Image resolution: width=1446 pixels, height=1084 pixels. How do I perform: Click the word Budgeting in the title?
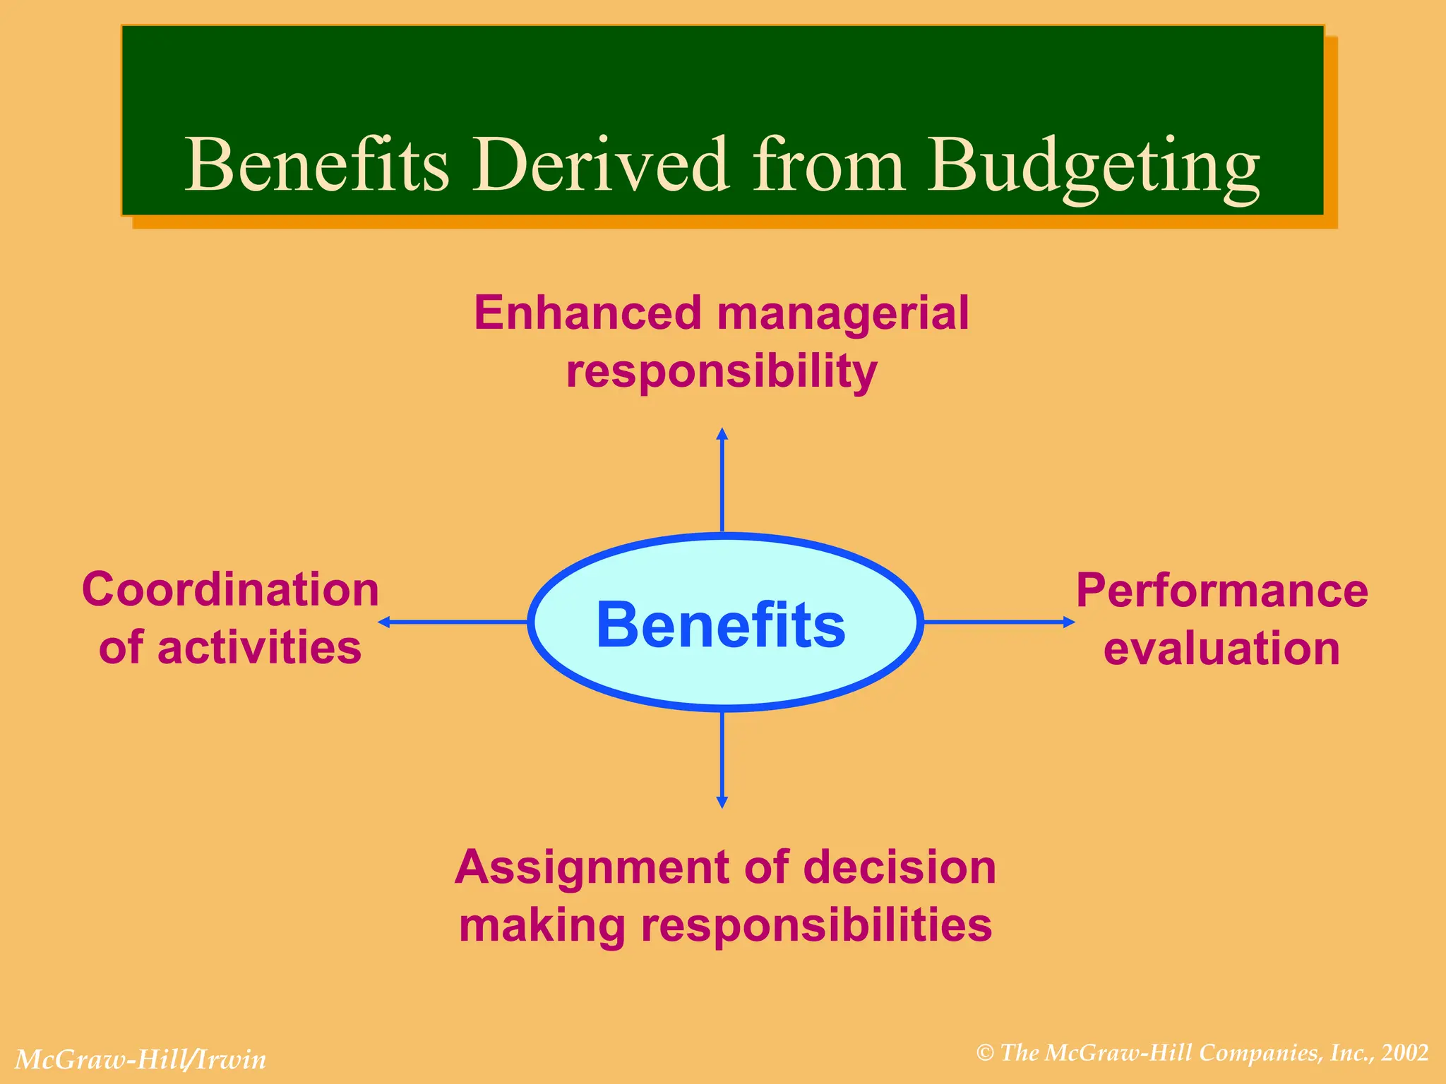pyautogui.click(x=1093, y=166)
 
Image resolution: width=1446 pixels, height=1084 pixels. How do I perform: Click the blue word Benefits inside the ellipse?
pyautogui.click(x=721, y=625)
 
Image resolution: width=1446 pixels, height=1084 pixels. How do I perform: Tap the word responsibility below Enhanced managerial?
pyautogui.click(x=722, y=372)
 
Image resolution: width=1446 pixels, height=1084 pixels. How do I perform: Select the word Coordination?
pyautogui.click(x=231, y=590)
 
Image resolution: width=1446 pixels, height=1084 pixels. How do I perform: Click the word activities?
pyautogui.click(x=259, y=648)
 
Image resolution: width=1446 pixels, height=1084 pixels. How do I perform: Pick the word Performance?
pyautogui.click(x=1221, y=591)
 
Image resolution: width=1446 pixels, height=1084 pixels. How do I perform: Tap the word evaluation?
pyautogui.click(x=1221, y=649)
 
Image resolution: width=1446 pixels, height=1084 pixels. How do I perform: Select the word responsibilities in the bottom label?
pyautogui.click(x=816, y=925)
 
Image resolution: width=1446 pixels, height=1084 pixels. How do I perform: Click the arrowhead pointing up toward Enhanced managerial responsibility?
pyautogui.click(x=722, y=433)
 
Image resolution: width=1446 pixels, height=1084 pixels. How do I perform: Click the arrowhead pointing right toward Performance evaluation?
pyautogui.click(x=1069, y=622)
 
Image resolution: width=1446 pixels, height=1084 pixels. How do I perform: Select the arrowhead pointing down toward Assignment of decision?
pyautogui.click(x=722, y=802)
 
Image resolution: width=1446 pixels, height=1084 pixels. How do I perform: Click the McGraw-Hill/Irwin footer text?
pyautogui.click(x=141, y=1060)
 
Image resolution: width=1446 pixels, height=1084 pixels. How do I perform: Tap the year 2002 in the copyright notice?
pyautogui.click(x=1405, y=1053)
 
